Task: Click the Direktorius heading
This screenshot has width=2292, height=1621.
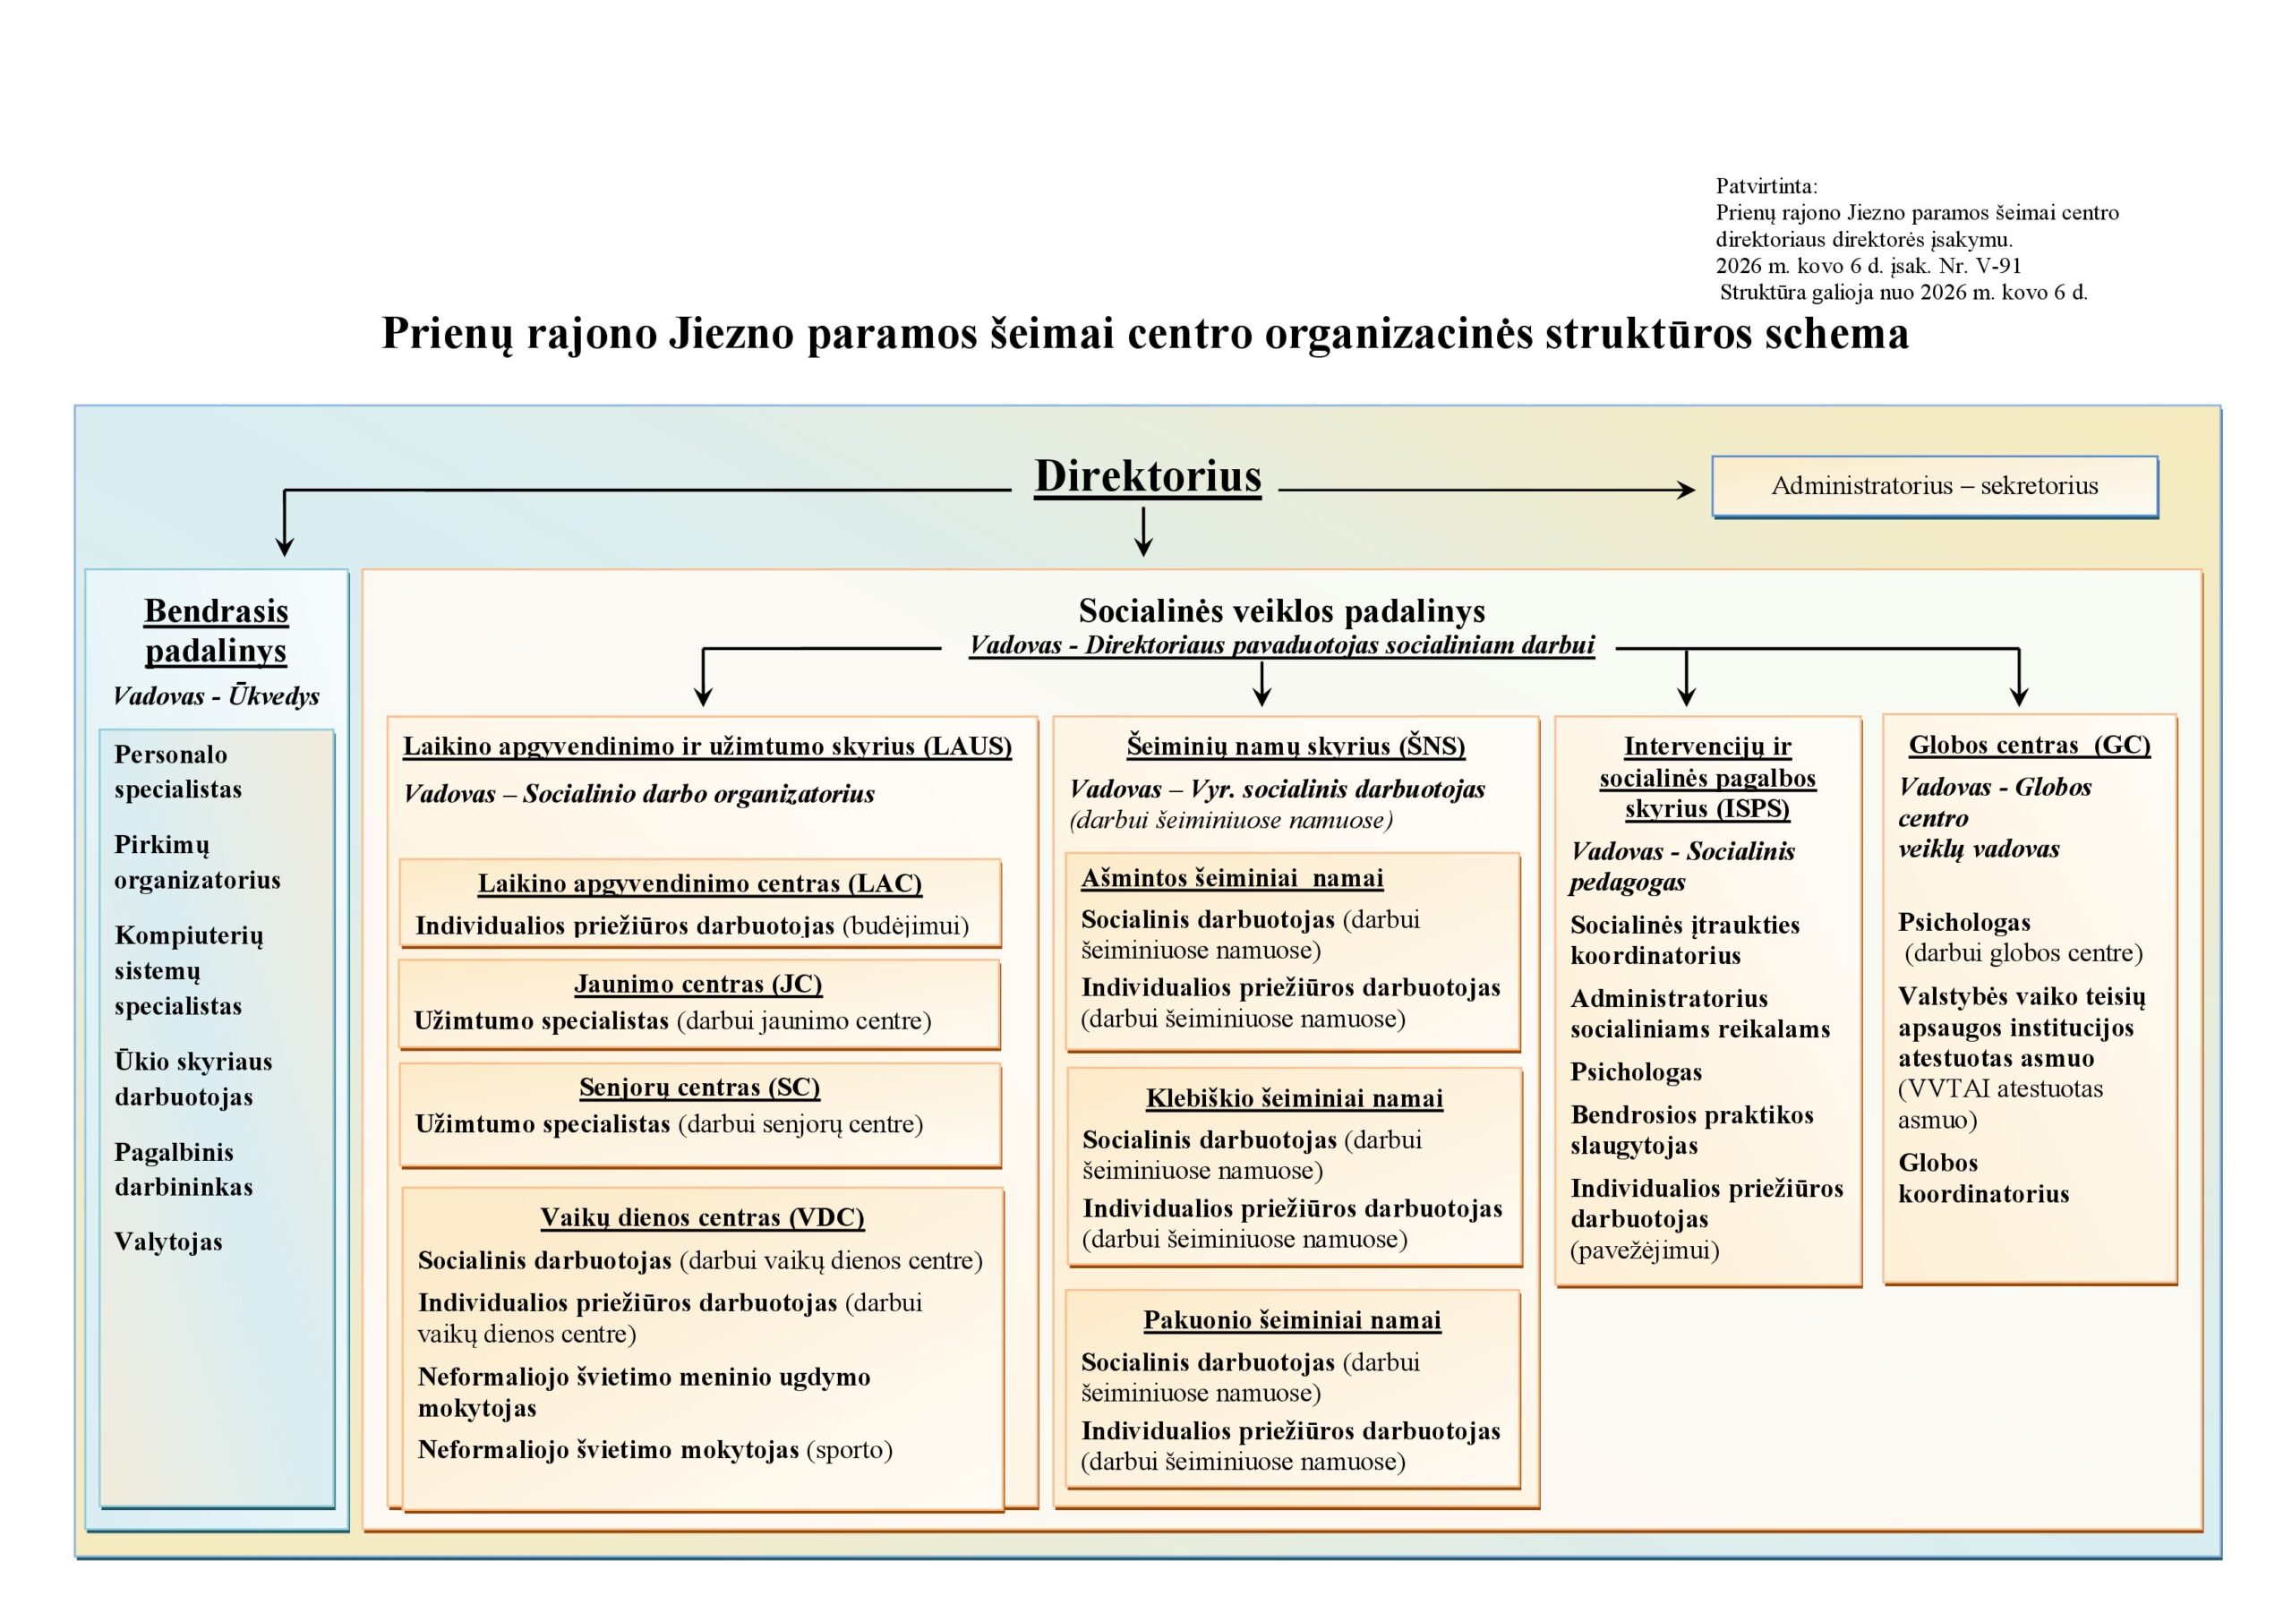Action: pyautogui.click(x=1147, y=477)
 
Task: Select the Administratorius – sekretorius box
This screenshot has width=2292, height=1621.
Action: pyautogui.click(x=1934, y=486)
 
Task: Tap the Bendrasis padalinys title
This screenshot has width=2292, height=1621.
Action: pyautogui.click(x=216, y=630)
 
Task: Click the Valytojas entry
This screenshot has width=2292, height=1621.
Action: pyautogui.click(x=167, y=1241)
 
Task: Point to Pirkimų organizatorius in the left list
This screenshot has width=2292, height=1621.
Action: pyautogui.click(x=197, y=862)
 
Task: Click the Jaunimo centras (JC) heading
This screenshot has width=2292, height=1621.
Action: pyautogui.click(x=697, y=985)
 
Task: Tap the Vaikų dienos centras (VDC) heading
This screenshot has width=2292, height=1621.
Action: pyautogui.click(x=702, y=1217)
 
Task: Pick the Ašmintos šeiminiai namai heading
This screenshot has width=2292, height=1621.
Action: pyautogui.click(x=1232, y=878)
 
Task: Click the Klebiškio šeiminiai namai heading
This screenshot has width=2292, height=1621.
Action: pyautogui.click(x=1294, y=1099)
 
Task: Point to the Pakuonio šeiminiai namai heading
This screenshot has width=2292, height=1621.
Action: pyautogui.click(x=1292, y=1320)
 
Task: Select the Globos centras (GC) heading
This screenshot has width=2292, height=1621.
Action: pyautogui.click(x=2029, y=745)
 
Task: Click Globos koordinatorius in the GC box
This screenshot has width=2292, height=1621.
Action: pyautogui.click(x=1982, y=1178)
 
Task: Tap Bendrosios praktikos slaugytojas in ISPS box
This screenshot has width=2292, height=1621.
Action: pyautogui.click(x=1691, y=1130)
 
